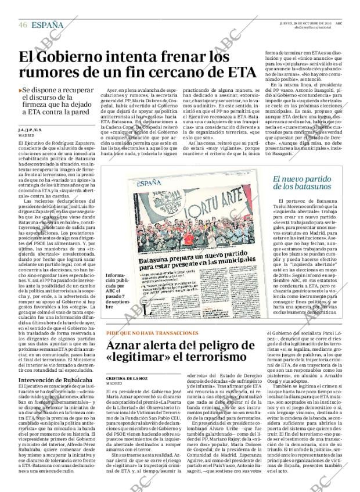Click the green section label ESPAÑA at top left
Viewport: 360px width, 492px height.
(x=48, y=25)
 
